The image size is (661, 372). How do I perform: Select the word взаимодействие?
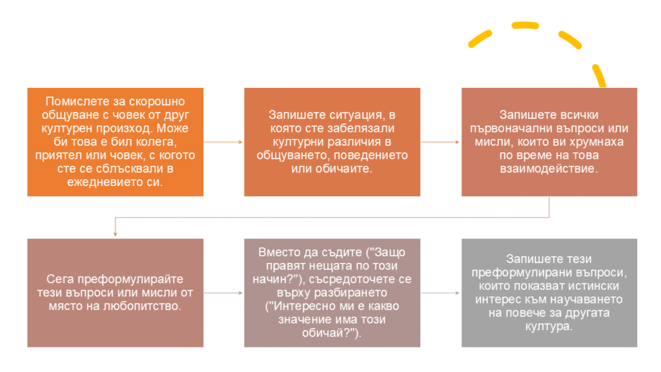pos(549,169)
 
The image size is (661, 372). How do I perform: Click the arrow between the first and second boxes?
pos(223,142)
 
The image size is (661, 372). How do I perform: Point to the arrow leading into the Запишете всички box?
pos(440,142)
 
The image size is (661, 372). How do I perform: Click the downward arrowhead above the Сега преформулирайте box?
pos(115,234)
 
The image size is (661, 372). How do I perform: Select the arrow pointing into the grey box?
pos(440,293)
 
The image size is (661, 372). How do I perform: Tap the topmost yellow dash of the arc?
pos(525,26)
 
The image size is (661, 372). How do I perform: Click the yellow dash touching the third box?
pos(599,76)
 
